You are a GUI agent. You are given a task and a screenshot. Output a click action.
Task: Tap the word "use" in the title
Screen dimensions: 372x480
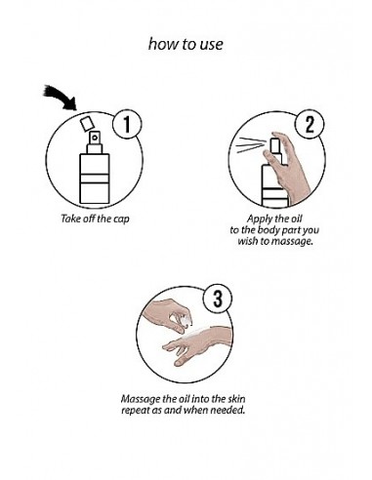click(211, 45)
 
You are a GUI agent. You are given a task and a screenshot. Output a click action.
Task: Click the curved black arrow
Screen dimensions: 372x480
click(61, 98)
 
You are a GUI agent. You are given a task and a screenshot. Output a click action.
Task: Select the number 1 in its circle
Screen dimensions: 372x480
click(127, 125)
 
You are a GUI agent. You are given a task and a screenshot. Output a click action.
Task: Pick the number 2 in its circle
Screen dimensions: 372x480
click(310, 124)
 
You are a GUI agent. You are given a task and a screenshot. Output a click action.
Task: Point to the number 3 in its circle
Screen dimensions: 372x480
click(218, 299)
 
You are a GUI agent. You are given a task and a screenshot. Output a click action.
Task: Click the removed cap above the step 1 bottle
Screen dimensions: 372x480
click(87, 123)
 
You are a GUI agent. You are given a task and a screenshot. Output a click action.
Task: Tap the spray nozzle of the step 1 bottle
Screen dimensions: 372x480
click(95, 138)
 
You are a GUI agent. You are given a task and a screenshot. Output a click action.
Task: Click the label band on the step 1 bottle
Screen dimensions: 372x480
click(95, 179)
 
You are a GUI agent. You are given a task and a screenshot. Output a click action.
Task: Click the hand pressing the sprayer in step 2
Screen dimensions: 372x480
click(287, 166)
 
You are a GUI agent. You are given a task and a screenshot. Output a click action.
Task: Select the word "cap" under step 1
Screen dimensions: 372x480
click(121, 220)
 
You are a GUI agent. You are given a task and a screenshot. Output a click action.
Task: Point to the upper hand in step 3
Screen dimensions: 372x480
click(168, 314)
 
